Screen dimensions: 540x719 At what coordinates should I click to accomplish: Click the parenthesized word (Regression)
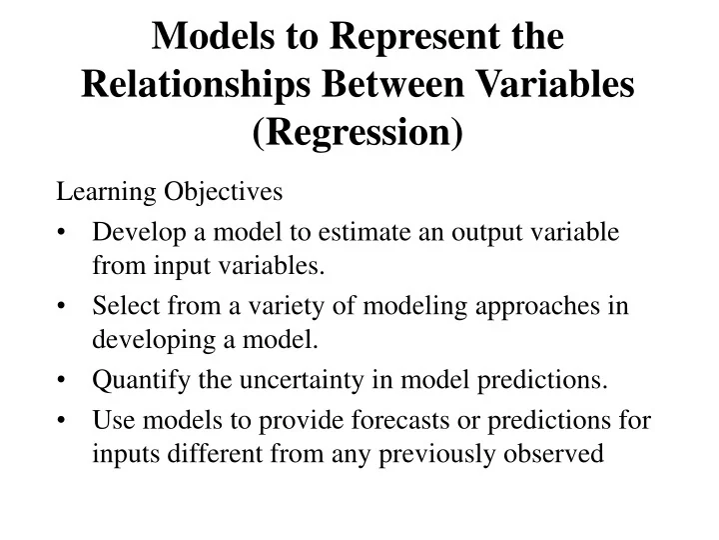click(x=359, y=131)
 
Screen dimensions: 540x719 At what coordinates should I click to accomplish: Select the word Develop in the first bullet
click(x=132, y=232)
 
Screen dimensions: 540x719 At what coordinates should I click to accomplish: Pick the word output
click(x=466, y=232)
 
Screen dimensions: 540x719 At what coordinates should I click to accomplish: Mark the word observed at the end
click(x=565, y=454)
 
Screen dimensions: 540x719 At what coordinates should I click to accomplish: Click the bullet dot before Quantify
click(x=64, y=381)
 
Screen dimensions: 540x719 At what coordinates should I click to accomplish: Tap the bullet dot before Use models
click(x=64, y=421)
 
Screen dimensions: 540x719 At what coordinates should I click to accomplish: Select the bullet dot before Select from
click(x=64, y=307)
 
